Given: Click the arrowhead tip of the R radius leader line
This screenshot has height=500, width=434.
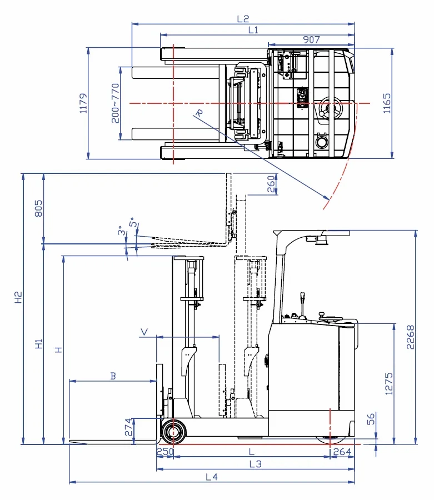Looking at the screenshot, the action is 330,199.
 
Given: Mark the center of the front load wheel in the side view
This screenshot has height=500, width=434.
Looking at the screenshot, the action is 173,432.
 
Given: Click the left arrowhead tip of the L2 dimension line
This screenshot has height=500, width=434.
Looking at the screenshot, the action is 132,24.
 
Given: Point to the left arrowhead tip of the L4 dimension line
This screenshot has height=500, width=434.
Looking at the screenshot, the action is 69,482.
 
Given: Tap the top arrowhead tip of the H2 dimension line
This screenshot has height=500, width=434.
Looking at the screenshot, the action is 23,174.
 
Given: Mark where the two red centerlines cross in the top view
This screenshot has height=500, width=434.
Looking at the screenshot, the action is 173,103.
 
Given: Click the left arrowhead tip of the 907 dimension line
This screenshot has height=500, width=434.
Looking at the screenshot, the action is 268,45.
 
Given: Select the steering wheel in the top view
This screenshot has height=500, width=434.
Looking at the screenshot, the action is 330,108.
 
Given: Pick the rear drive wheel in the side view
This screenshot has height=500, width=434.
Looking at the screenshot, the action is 331,440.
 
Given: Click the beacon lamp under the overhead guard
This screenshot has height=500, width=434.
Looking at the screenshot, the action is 322,240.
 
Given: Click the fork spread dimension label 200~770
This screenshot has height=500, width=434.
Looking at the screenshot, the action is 115,103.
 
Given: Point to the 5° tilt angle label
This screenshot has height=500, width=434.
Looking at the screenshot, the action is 133,222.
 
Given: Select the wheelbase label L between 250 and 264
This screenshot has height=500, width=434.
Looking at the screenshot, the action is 252,452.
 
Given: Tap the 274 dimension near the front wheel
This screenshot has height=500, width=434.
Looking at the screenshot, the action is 128,427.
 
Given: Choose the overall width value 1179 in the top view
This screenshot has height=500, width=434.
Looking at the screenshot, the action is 83,103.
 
